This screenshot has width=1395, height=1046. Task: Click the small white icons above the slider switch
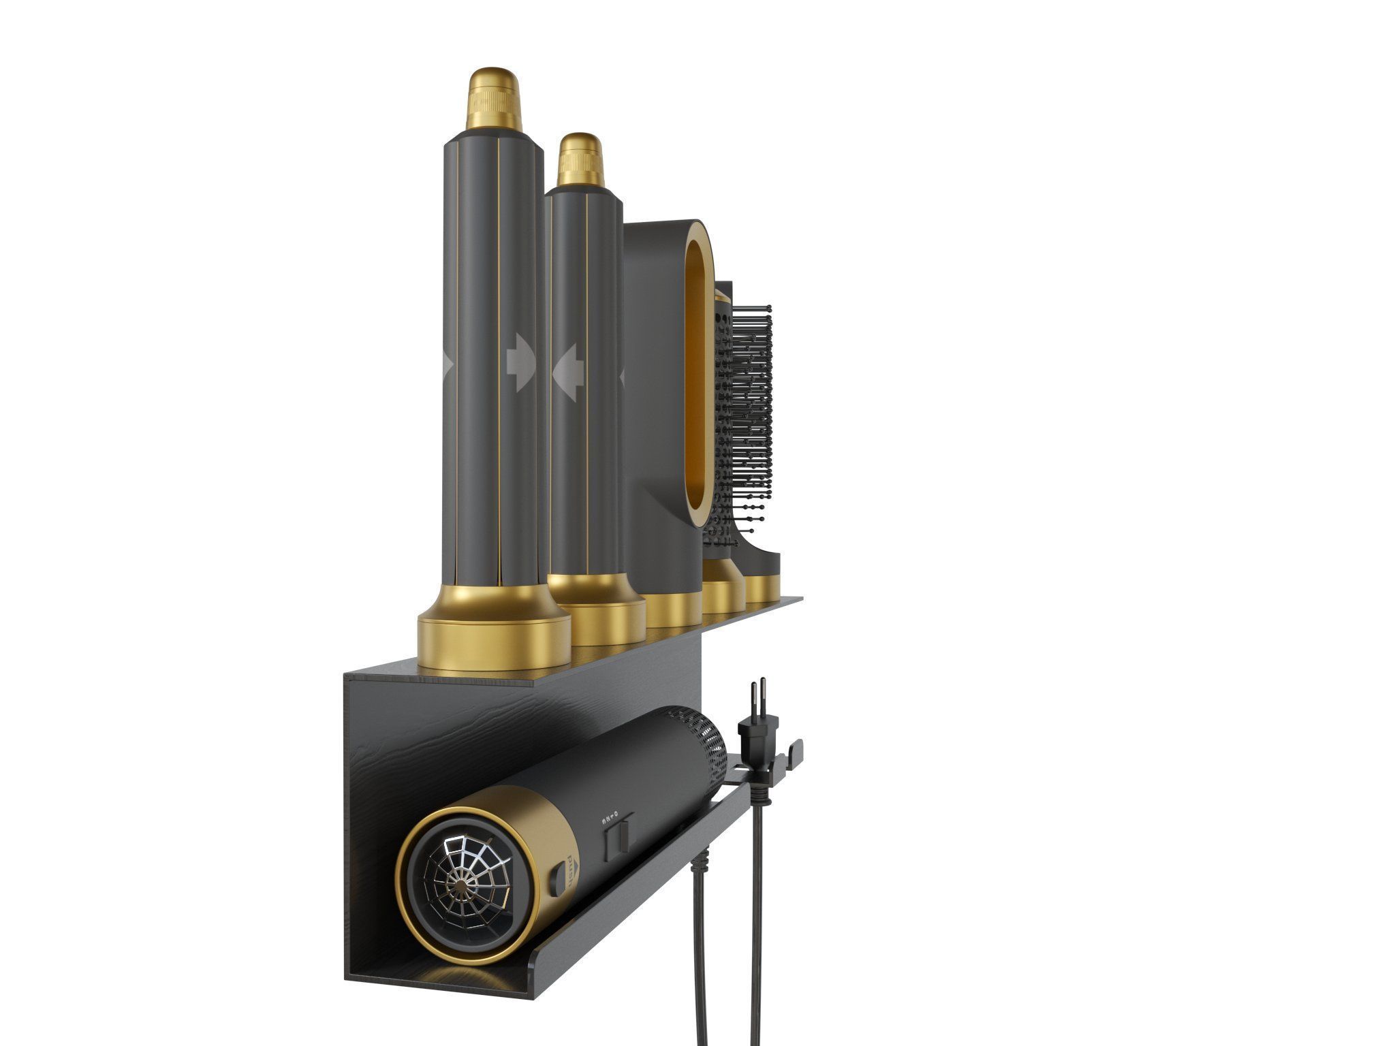[x=609, y=815]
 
